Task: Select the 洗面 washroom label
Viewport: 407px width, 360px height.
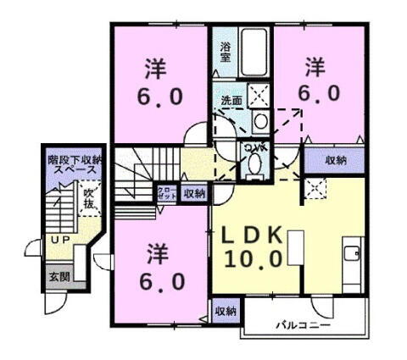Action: (x=231, y=101)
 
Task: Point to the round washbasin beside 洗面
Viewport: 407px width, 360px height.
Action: (x=260, y=120)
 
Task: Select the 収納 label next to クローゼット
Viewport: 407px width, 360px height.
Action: (x=194, y=193)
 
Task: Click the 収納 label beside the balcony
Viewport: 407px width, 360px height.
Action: (x=225, y=311)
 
